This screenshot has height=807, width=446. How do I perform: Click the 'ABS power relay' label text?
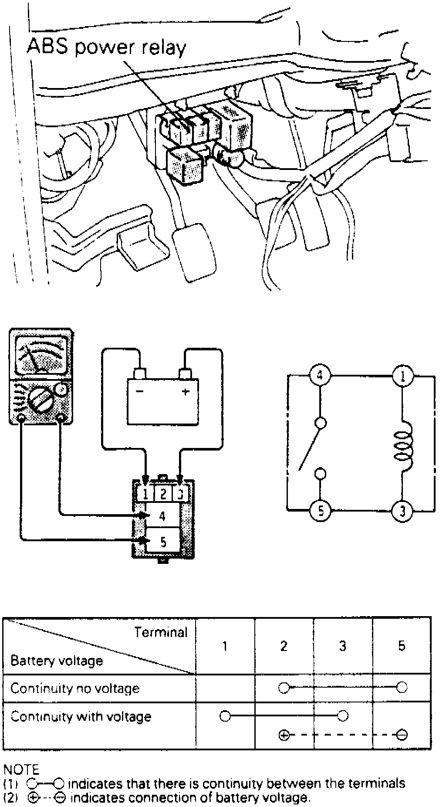106,47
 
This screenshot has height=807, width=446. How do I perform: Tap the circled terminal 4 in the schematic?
320,376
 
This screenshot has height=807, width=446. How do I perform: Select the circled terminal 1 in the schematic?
402,376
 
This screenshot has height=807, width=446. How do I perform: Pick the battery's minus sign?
140,391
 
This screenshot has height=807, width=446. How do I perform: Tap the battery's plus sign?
186,391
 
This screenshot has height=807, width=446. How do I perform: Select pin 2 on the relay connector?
163,494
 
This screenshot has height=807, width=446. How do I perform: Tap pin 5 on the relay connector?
163,542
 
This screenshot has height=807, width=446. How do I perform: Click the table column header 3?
343,645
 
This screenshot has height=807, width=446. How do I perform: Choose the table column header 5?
402,645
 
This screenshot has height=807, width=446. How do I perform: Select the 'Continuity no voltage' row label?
75,688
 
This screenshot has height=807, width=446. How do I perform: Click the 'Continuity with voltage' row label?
81,716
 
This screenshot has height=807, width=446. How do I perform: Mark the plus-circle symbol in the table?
284,736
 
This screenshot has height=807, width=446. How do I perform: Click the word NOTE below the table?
21,770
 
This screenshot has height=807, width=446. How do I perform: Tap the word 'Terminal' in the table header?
161,632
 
